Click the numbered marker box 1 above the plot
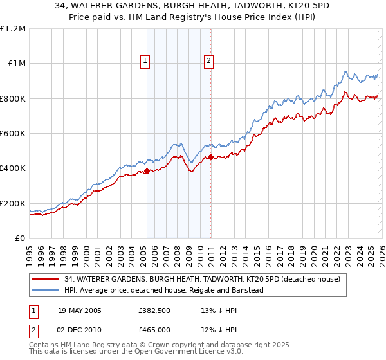tap(145, 62)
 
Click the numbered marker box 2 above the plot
tap(209, 62)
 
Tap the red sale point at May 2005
tap(147, 171)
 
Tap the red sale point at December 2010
tap(210, 157)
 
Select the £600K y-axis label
tap(13, 134)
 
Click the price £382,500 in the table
tap(155, 310)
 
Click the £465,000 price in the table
tap(155, 329)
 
